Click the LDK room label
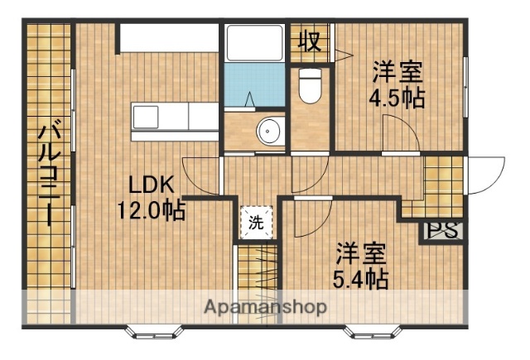coord(150,184)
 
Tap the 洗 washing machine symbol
coord(256,222)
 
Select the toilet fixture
coord(310,85)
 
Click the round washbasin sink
coord(269,131)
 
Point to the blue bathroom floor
coord(254,87)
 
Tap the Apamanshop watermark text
coord(265,307)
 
